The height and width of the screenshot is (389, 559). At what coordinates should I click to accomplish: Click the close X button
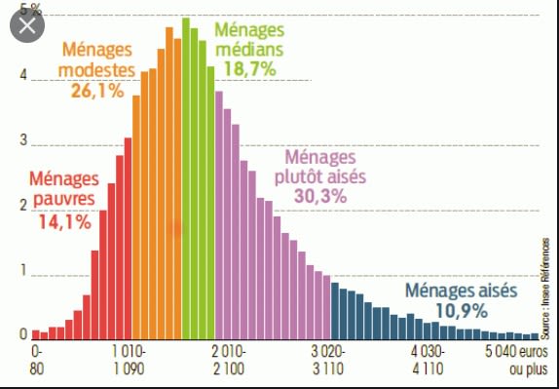(27, 25)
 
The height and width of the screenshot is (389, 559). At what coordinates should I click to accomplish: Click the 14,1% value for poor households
(65, 222)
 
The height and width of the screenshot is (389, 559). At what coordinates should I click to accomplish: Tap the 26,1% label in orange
(97, 91)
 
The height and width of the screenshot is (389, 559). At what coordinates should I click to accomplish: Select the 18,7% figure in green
(249, 69)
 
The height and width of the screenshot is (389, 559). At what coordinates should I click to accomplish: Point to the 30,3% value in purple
(320, 195)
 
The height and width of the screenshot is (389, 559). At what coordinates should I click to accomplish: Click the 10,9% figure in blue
(461, 312)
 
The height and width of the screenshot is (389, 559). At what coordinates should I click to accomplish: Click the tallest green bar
(186, 178)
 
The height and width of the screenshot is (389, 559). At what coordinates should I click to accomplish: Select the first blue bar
(335, 311)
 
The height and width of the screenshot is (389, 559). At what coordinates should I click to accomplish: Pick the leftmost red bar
(36, 334)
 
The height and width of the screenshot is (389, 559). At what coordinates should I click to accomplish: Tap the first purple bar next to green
(219, 215)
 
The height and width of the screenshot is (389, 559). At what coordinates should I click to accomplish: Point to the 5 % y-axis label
(30, 10)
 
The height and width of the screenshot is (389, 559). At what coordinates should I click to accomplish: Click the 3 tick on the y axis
(23, 140)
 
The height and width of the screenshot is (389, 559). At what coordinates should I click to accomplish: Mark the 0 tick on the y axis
(23, 334)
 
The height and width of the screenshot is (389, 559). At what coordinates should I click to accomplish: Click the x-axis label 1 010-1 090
(129, 361)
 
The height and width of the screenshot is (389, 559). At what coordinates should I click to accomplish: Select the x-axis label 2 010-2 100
(229, 361)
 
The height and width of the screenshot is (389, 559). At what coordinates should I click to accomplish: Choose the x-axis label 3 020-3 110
(328, 361)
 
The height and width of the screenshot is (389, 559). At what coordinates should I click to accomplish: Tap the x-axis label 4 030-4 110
(428, 361)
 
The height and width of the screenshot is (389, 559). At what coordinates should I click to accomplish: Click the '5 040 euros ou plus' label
(515, 361)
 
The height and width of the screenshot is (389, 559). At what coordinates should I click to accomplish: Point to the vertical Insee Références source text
(545, 289)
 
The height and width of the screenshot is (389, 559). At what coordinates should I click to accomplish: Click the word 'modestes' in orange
(97, 70)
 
